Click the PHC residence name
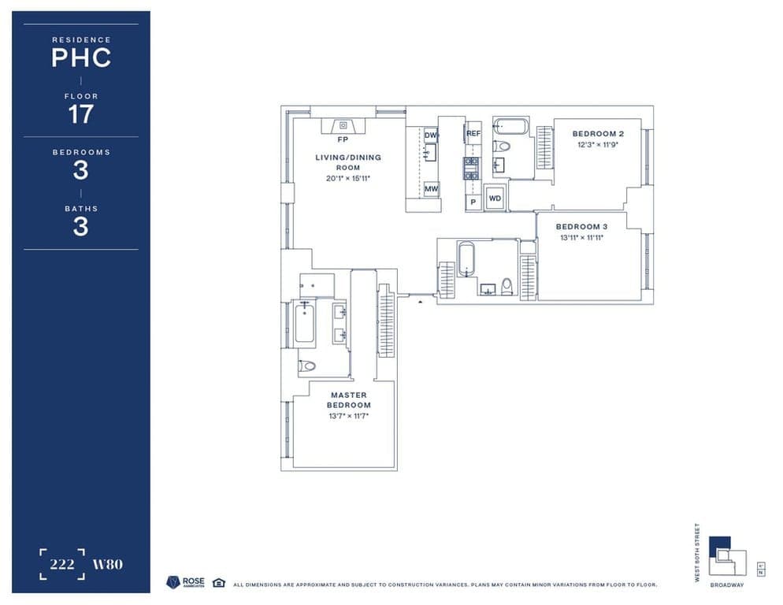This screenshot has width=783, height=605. click(80, 58)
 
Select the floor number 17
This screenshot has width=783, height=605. click(80, 114)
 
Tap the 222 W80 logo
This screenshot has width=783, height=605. click(80, 564)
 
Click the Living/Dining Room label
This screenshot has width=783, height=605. click(348, 162)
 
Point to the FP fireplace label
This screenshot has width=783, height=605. click(343, 139)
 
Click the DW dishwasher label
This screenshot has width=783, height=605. click(431, 135)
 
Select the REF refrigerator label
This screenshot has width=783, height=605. click(473, 134)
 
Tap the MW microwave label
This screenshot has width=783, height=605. click(431, 189)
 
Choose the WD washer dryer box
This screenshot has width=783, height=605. click(495, 199)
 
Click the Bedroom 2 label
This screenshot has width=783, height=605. click(598, 134)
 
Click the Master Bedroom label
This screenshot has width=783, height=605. click(349, 399)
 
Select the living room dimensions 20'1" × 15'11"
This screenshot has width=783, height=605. click(348, 179)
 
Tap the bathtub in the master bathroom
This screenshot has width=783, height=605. click(305, 324)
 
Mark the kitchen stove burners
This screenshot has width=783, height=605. click(471, 169)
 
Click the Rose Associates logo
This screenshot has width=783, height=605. click(186, 582)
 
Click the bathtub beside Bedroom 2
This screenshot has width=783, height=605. click(510, 126)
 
